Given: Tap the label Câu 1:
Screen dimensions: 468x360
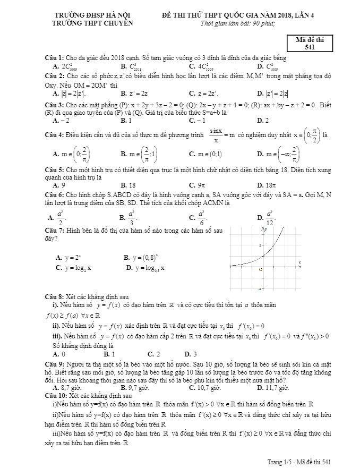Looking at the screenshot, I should click(55, 57).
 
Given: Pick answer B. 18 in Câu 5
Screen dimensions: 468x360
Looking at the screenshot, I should click(128, 185).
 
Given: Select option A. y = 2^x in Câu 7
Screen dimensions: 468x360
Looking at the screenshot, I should click(68, 257).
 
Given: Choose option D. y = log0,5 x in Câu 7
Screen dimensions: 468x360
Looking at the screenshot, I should click(145, 268).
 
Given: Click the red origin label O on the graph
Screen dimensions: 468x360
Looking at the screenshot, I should click(261, 270).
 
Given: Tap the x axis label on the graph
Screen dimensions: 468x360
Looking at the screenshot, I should click(299, 262).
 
